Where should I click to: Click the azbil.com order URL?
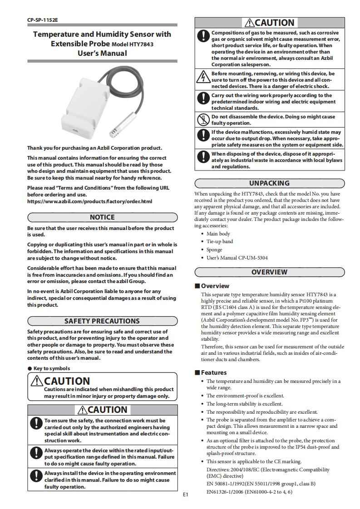89,201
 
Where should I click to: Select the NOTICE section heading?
102,217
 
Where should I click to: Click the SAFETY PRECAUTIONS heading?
102,321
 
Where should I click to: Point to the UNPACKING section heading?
269,183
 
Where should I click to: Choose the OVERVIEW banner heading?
269,272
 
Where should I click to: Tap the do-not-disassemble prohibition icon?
202,120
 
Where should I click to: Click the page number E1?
185,494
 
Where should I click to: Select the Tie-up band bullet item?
220,242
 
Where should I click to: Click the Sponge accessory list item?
214,250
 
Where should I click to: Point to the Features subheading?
213,373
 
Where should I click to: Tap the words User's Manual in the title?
102,54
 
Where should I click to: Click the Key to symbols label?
51,368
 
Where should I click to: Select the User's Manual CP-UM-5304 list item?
237,258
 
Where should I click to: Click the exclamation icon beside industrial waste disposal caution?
202,157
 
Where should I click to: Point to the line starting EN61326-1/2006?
249,492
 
